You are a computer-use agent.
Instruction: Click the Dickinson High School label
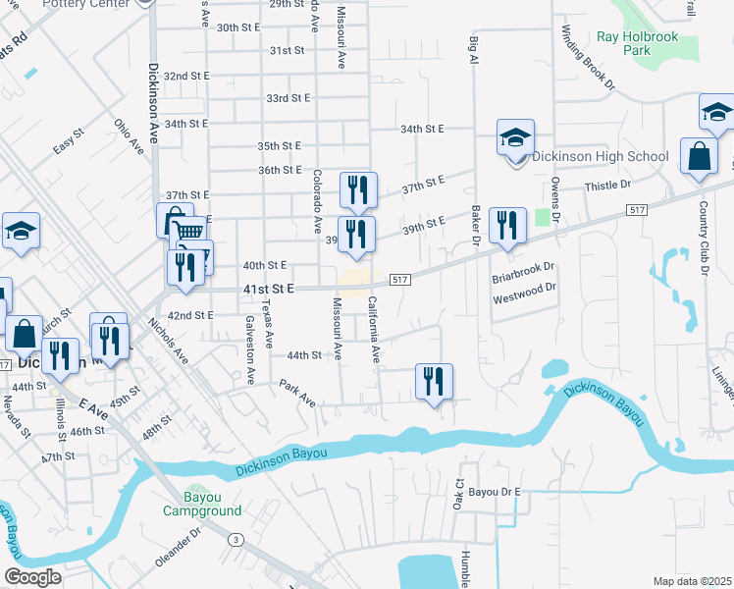click(x=601, y=156)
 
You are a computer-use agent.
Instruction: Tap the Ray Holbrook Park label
click(x=637, y=43)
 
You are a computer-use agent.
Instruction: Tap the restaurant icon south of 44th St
click(x=434, y=382)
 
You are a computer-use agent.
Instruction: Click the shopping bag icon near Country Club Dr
click(x=698, y=158)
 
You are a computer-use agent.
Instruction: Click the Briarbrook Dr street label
click(x=523, y=267)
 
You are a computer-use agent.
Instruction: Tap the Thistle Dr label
click(x=606, y=186)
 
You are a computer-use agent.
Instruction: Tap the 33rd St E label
click(x=288, y=98)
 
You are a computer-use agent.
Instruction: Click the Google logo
click(x=32, y=576)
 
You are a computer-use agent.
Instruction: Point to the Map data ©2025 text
click(x=692, y=581)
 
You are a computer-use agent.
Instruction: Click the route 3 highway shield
click(x=236, y=539)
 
